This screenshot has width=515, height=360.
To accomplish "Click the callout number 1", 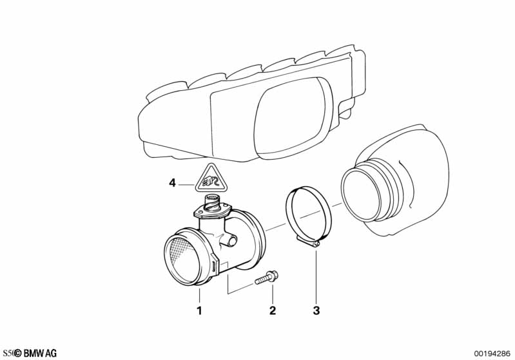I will (x=199, y=311).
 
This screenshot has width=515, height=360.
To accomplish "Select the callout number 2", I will (x=272, y=311).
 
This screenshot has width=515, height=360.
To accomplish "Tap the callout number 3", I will (x=316, y=311).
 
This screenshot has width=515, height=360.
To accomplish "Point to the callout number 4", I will (x=172, y=183).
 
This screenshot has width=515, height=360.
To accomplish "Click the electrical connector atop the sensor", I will (x=211, y=200).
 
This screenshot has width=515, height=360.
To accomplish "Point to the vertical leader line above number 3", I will (x=316, y=277).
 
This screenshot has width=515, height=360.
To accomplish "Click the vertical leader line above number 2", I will (x=272, y=295).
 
